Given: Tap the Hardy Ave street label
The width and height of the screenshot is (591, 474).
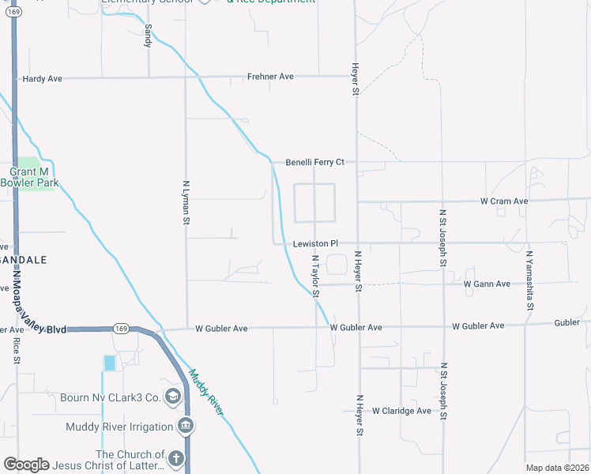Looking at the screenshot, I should coord(42,79).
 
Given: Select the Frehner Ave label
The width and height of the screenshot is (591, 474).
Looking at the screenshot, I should coord(270,77).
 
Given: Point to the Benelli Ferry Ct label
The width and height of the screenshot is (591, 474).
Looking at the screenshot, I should coord(315,162).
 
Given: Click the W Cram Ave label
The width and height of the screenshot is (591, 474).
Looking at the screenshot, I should coord(504,201).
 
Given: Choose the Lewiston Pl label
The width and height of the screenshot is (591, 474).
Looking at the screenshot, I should coord(315,244).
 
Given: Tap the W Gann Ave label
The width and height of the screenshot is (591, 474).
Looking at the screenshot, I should coord(487,284).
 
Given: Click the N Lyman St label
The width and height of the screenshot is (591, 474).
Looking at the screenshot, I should coord(187,201).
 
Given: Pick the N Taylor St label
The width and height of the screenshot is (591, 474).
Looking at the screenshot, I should coord(314,276).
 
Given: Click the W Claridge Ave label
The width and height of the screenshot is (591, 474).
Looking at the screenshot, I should coord(402,411).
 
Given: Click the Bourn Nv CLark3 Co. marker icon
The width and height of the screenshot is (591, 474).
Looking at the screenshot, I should coord(174,397).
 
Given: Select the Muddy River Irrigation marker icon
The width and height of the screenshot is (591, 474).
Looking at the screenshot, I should coord(186,427).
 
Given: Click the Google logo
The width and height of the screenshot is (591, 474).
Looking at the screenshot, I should coord(26,465).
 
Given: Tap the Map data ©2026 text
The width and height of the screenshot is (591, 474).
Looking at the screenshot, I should coord(557,468).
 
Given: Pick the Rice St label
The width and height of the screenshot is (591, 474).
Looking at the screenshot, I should coord(17,350).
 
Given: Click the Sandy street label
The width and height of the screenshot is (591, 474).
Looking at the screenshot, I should coord(148,35).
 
